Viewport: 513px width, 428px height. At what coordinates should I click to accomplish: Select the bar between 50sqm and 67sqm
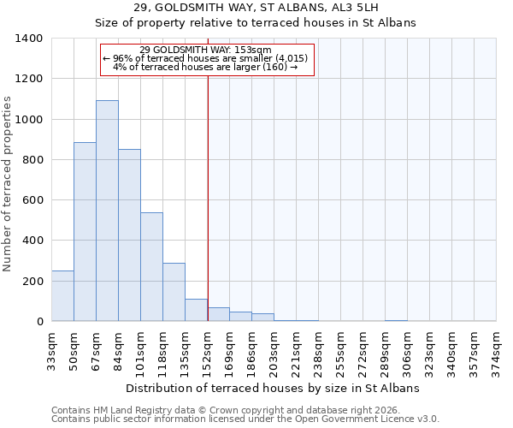click(x=85, y=231)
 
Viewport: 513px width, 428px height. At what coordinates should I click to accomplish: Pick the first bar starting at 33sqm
click(x=62, y=296)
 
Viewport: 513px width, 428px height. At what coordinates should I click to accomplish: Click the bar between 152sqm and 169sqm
click(x=218, y=314)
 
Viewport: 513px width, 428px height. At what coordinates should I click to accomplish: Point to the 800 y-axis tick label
click(x=32, y=160)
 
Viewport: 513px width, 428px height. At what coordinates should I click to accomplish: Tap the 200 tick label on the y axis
click(x=32, y=281)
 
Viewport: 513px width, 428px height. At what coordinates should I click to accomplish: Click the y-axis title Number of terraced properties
click(x=8, y=184)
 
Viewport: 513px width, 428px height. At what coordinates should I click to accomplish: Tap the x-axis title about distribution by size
click(x=273, y=388)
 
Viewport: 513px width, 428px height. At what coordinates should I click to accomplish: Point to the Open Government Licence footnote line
click(x=245, y=419)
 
